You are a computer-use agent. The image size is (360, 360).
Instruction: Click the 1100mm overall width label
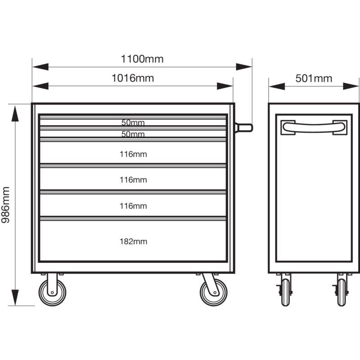[x=142, y=59]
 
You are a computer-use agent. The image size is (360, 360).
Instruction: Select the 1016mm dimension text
[x=133, y=78]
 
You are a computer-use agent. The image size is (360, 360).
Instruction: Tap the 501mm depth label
[x=314, y=78]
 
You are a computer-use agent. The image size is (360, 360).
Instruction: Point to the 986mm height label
[x=5, y=205]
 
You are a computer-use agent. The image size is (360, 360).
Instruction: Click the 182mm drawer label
[x=133, y=241]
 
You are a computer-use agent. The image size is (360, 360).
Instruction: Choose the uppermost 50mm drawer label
[x=133, y=122]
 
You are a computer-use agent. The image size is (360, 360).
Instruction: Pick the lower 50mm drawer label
[x=133, y=134]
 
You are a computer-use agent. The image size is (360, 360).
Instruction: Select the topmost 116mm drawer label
[x=133, y=154]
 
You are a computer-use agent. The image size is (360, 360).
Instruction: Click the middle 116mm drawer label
[x=133, y=180]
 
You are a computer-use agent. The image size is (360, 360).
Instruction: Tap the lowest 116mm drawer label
[x=133, y=206]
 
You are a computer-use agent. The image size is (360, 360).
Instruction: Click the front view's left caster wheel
[x=52, y=292]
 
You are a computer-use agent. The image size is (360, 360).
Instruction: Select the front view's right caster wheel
[x=214, y=292]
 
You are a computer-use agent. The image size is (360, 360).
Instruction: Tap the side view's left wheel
[x=285, y=292]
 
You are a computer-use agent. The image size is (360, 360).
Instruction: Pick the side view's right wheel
[x=342, y=292]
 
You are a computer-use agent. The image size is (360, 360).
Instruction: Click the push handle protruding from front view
[x=243, y=128]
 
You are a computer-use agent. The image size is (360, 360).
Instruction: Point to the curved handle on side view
[x=314, y=127]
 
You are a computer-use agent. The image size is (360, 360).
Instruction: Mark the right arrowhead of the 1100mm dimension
[x=244, y=67]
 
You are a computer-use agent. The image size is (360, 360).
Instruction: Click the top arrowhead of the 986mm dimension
[x=15, y=113]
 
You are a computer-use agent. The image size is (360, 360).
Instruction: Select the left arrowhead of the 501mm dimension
[x=277, y=86]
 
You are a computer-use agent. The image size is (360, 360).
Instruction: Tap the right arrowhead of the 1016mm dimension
[x=225, y=86]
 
